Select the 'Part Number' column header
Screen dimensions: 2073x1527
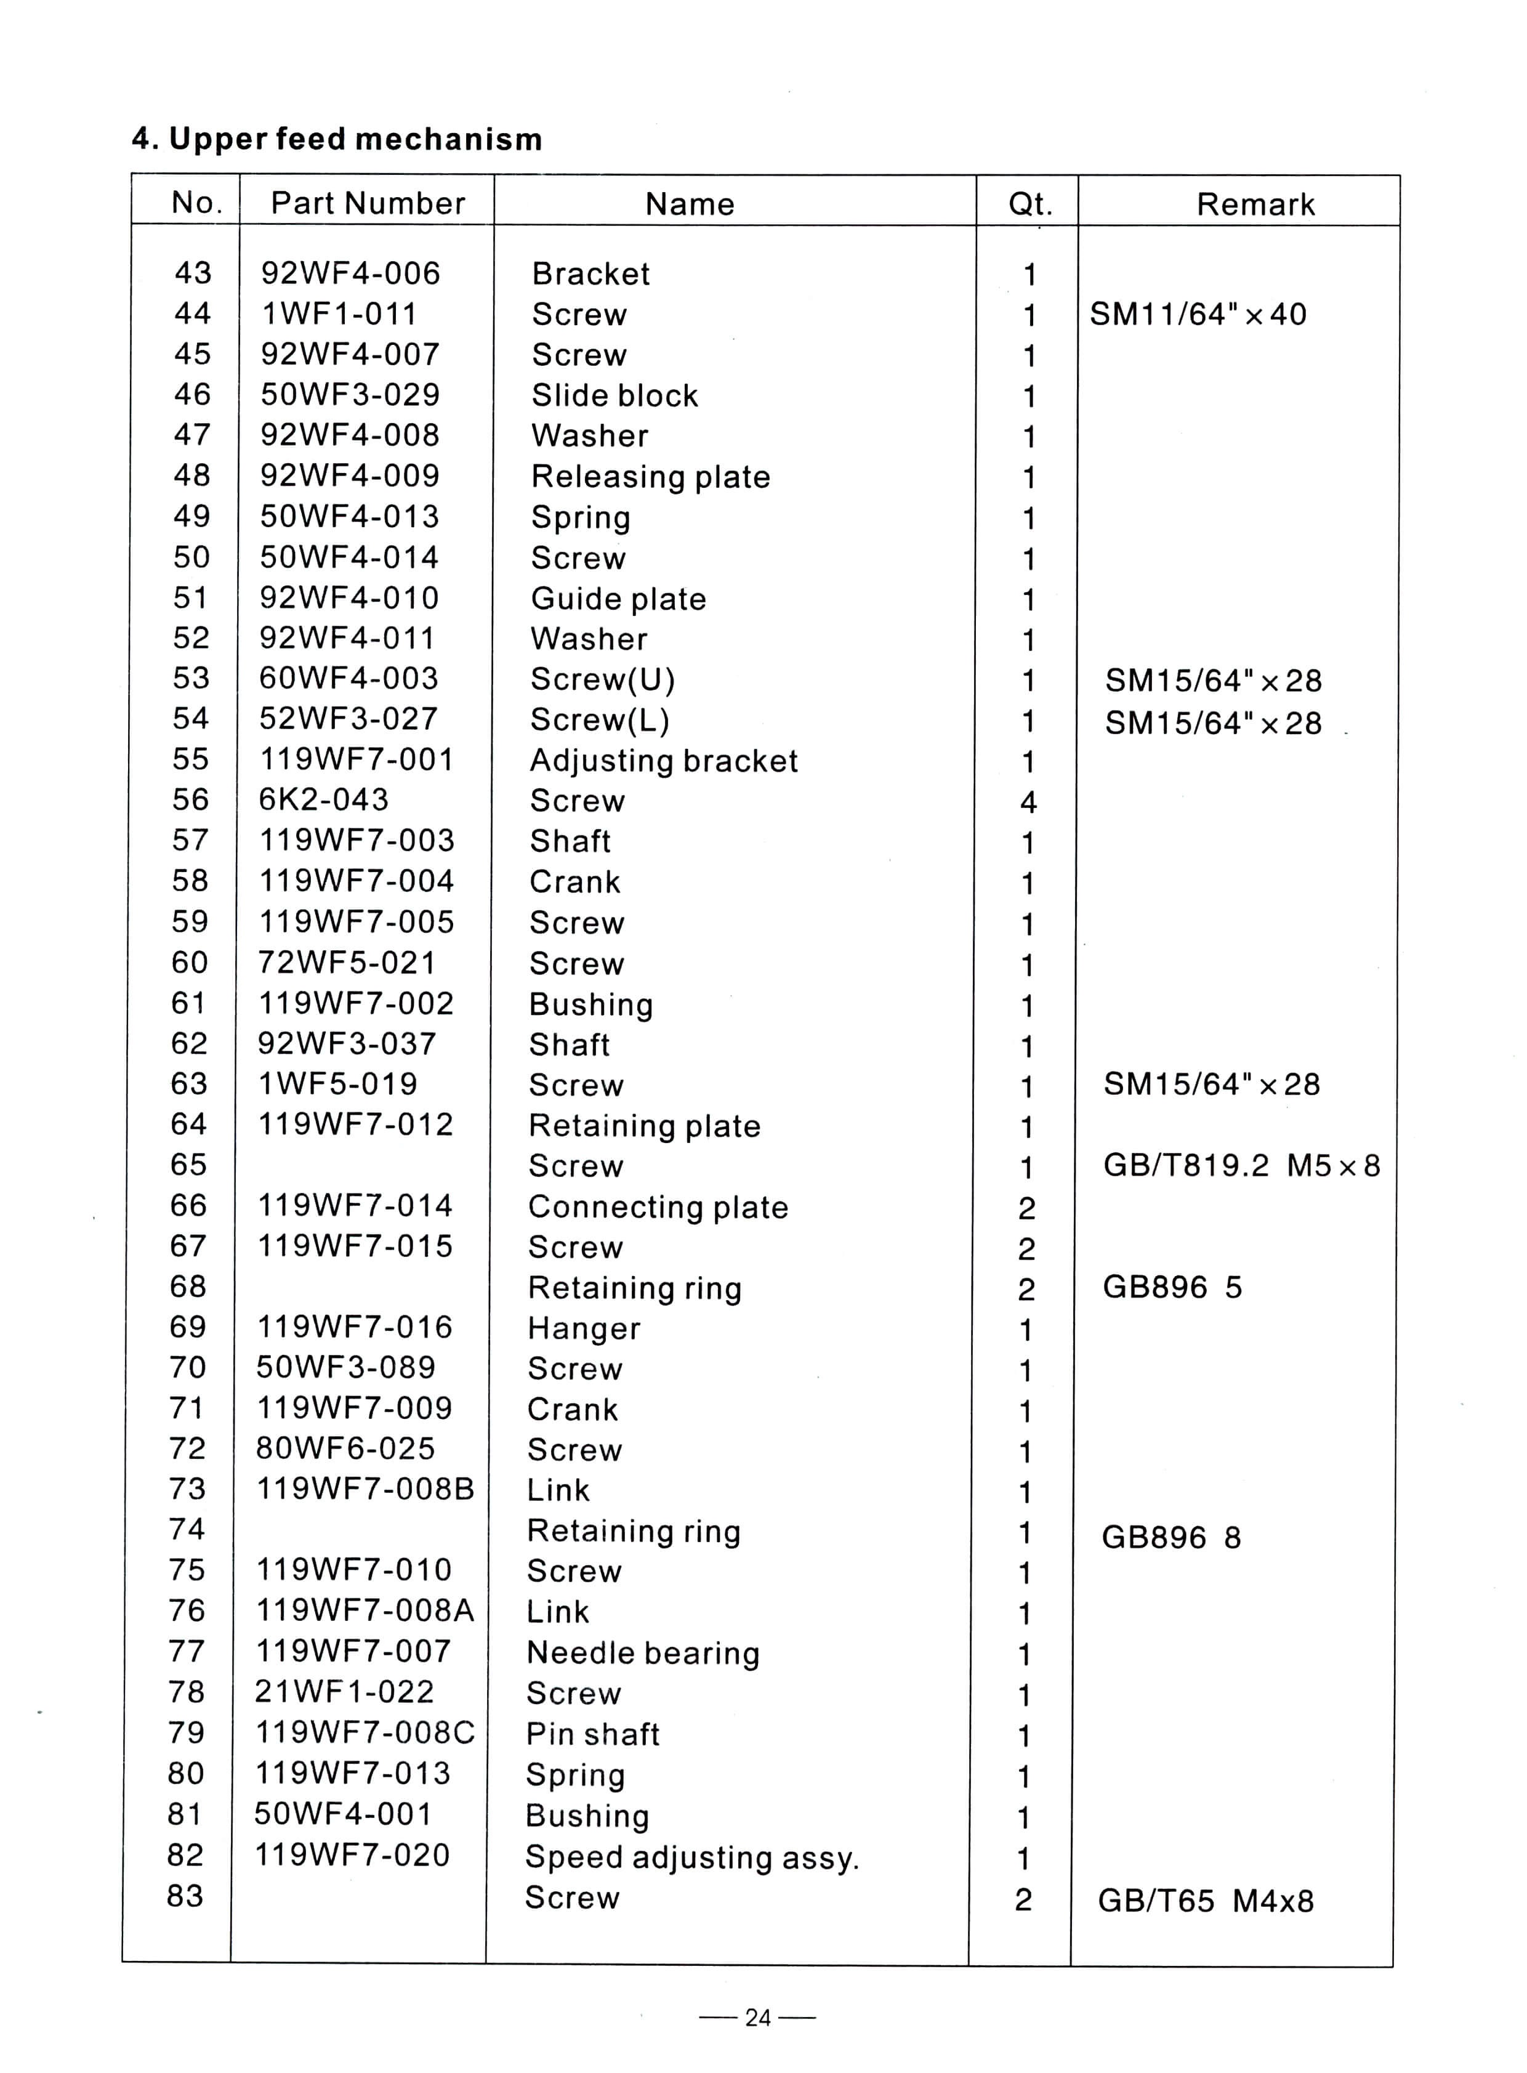368,203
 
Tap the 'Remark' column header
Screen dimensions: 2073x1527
1255,204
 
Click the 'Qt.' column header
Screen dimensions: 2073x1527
1029,203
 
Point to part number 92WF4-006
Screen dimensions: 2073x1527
350,273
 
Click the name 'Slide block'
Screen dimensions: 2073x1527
614,396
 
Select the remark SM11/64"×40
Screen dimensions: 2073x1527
1198,314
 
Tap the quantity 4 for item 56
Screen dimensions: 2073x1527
1028,802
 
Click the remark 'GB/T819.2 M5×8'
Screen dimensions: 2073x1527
1241,1166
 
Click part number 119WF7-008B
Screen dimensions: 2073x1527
365,1490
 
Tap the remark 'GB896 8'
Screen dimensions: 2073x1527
1170,1538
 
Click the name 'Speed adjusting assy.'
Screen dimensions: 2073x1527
692,1857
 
